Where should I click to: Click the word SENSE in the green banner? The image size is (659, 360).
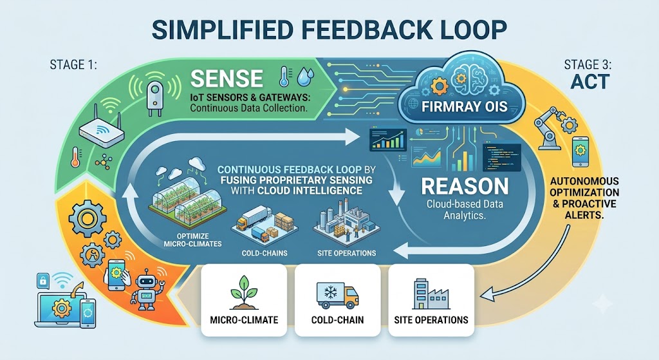227,78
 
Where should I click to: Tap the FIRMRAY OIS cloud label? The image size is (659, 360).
465,106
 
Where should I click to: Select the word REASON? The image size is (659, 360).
465,186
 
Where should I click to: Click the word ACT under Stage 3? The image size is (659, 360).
590,82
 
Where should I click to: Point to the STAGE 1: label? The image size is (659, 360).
73,65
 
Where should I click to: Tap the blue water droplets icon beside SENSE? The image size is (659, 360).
306,78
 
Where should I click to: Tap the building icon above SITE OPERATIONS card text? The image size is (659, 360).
431,294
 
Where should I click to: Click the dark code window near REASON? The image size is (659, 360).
502,157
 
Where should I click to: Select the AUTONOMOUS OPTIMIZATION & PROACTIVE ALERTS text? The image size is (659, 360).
584,198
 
